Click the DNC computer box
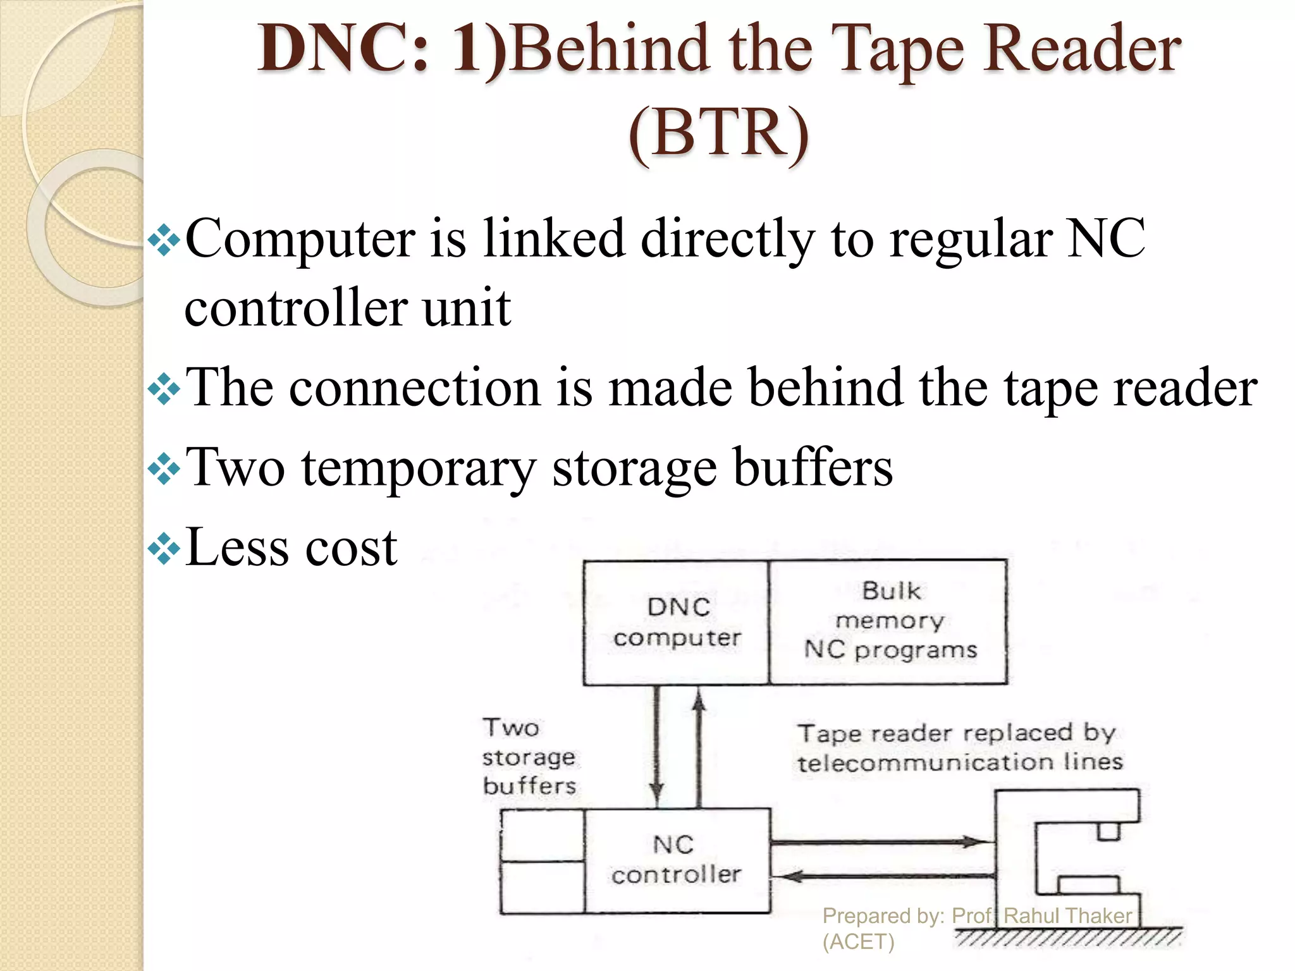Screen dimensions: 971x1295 coord(676,623)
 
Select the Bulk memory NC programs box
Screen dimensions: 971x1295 coord(888,623)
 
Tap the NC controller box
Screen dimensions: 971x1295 coord(677,860)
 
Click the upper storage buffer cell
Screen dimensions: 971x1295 coord(543,835)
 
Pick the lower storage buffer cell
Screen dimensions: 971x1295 coord(543,887)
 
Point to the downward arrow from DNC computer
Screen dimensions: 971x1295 coord(657,746)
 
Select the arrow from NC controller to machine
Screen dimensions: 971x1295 coord(879,842)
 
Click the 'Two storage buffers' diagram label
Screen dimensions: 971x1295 coord(529,757)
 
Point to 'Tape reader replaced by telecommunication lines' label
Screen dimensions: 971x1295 coord(959,748)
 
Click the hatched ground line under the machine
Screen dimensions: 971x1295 coord(1069,937)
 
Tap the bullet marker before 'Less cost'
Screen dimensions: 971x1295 coord(164,547)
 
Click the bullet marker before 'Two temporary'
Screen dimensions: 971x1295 coord(164,468)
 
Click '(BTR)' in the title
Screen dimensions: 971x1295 coord(718,133)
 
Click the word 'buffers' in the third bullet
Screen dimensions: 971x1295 coord(813,468)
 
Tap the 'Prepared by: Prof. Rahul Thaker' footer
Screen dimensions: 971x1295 coord(977,916)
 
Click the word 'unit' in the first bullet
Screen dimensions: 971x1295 coord(467,308)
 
